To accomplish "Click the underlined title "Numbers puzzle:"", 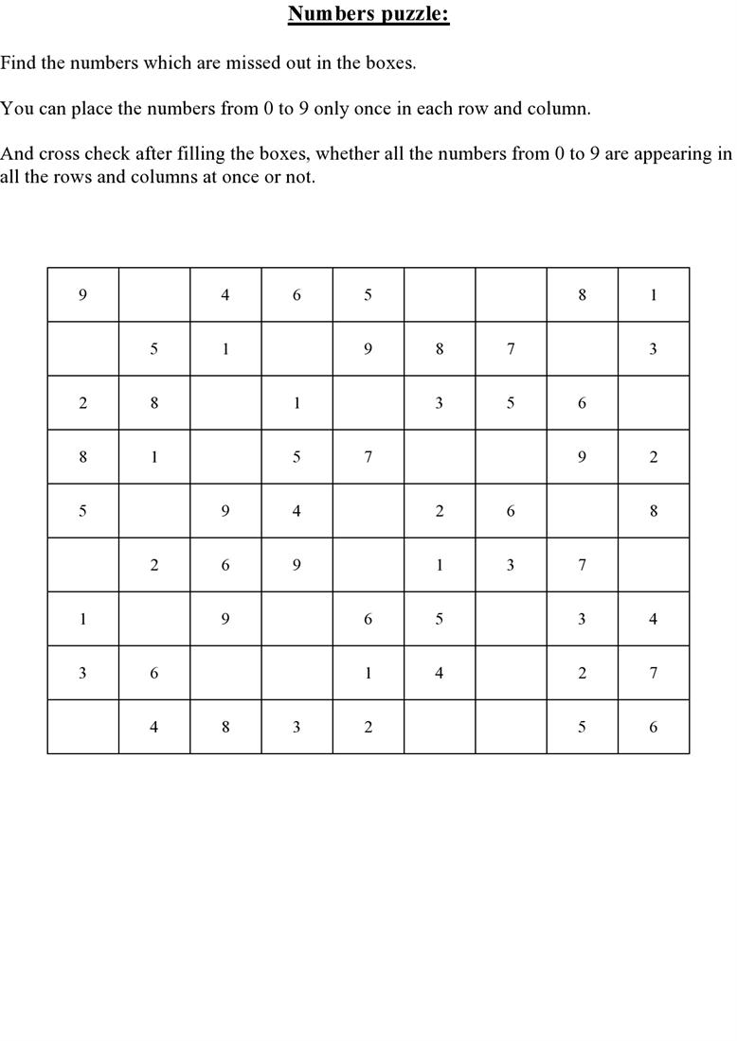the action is click(368, 14).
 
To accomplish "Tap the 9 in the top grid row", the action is click(82, 295).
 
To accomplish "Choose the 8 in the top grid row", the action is click(582, 295).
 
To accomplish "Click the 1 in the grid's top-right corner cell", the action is click(654, 295).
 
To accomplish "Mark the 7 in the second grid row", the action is click(511, 349).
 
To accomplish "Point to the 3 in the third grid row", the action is click(440, 403).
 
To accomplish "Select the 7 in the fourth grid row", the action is click(368, 457).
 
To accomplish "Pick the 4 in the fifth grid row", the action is click(297, 511).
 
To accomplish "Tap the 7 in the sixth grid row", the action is click(582, 565).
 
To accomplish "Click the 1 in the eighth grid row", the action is click(368, 673).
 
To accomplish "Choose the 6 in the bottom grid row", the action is click(654, 727).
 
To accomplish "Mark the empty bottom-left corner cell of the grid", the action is click(82, 727).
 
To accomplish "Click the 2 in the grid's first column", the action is click(82, 403).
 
